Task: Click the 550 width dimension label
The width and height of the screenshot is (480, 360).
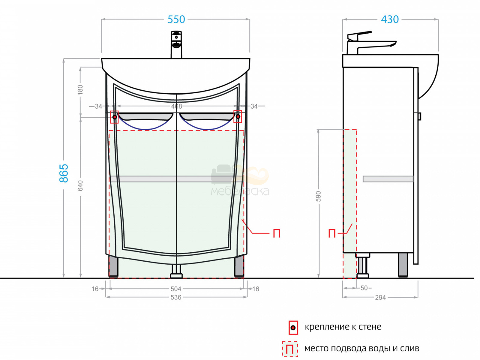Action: [176, 19]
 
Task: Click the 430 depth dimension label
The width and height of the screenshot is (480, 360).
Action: [390, 19]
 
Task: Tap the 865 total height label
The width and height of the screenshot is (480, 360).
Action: [64, 173]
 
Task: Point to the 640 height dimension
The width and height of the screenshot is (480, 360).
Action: [80, 186]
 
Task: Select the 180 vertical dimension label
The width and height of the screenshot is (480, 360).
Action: [80, 90]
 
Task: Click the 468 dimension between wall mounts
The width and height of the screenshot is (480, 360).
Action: [176, 106]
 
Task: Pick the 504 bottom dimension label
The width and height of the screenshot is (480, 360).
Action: [176, 289]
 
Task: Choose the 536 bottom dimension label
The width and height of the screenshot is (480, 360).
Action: [176, 297]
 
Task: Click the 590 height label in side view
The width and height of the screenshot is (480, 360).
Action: [319, 196]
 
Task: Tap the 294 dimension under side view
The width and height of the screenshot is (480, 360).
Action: [380, 298]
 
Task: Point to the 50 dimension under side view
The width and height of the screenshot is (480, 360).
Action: [364, 288]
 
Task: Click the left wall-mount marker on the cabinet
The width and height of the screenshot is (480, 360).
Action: [114, 117]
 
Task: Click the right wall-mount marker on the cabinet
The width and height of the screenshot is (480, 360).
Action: [238, 116]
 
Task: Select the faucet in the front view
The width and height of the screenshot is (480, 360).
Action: [176, 44]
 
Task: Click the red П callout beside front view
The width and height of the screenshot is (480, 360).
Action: [276, 234]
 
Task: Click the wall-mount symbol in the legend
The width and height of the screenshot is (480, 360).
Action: [293, 328]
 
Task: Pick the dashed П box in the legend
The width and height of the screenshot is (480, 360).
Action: [290, 349]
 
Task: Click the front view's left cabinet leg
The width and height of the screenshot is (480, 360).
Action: [113, 267]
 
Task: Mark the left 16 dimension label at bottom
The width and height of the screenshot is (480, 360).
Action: [95, 289]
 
